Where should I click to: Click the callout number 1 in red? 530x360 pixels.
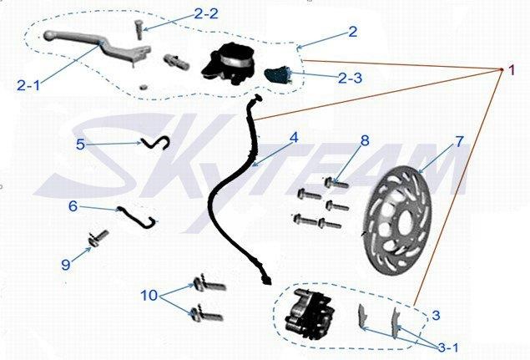pyautogui.click(x=512, y=70)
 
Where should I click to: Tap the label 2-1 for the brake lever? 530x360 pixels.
pyautogui.click(x=28, y=85)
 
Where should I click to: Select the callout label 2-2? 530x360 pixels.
pyautogui.click(x=206, y=13)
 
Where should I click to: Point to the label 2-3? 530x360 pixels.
pyautogui.click(x=351, y=78)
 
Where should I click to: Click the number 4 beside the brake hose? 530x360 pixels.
pyautogui.click(x=294, y=137)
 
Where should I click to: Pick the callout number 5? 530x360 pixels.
pyautogui.click(x=80, y=145)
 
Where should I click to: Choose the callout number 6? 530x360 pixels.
pyautogui.click(x=73, y=206)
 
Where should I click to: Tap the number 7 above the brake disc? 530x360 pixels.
pyautogui.click(x=459, y=141)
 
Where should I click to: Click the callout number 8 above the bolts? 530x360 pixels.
pyautogui.click(x=365, y=140)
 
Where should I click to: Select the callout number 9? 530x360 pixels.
pyautogui.click(x=66, y=264)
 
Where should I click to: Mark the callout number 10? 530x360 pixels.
pyautogui.click(x=149, y=296)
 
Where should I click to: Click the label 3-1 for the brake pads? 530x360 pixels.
pyautogui.click(x=448, y=347)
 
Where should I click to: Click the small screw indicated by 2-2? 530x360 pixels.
pyautogui.click(x=139, y=30)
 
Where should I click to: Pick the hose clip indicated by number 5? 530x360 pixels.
pyautogui.click(x=156, y=143)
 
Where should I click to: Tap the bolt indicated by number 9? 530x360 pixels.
pyautogui.click(x=98, y=238)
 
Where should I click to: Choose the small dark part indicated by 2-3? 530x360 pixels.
pyautogui.click(x=277, y=75)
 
